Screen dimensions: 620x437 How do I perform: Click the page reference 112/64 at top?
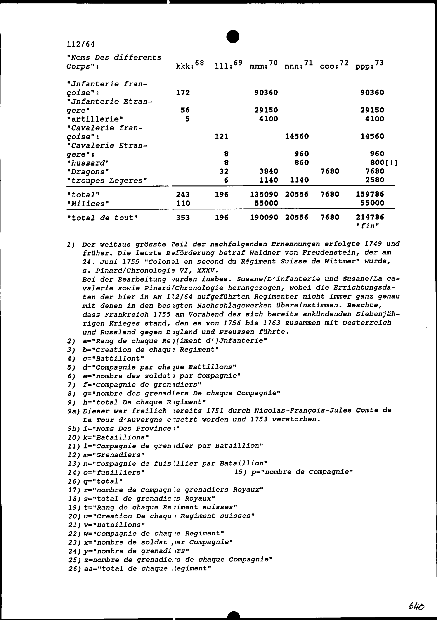tap(81, 44)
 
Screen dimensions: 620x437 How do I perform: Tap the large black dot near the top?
tap(233, 36)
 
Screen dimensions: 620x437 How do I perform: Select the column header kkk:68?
tap(190, 65)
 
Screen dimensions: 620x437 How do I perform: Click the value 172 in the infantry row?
tap(183, 93)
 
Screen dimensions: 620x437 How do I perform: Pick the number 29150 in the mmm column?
tap(266, 110)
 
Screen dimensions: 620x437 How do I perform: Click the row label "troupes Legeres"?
tap(107, 180)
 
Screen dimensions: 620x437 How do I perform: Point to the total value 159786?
tap(370, 194)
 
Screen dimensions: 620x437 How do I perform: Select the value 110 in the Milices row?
tap(183, 203)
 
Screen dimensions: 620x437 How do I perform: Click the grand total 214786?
tap(370, 217)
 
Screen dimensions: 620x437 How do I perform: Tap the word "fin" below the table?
tap(368, 226)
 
